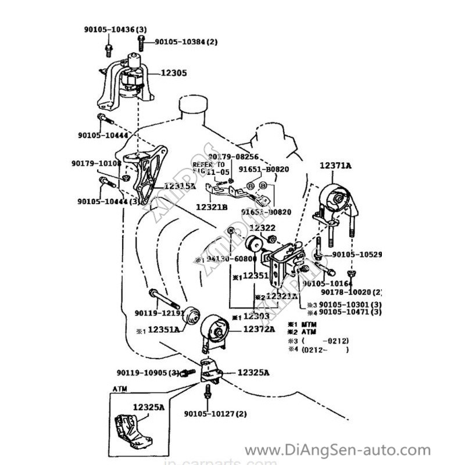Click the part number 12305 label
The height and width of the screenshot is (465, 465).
click(x=174, y=74)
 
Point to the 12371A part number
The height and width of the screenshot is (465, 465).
click(x=335, y=166)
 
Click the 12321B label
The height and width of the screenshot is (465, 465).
click(x=212, y=206)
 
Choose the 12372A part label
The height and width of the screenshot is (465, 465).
click(x=259, y=329)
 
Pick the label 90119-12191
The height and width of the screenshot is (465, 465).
click(x=159, y=313)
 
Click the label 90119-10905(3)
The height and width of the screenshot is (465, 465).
click(x=148, y=373)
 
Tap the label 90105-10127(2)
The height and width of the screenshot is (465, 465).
click(x=216, y=414)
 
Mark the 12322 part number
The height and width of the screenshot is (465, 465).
click(x=263, y=228)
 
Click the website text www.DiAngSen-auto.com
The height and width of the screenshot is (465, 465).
click(x=338, y=449)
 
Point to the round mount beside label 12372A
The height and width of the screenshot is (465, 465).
click(x=214, y=332)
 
